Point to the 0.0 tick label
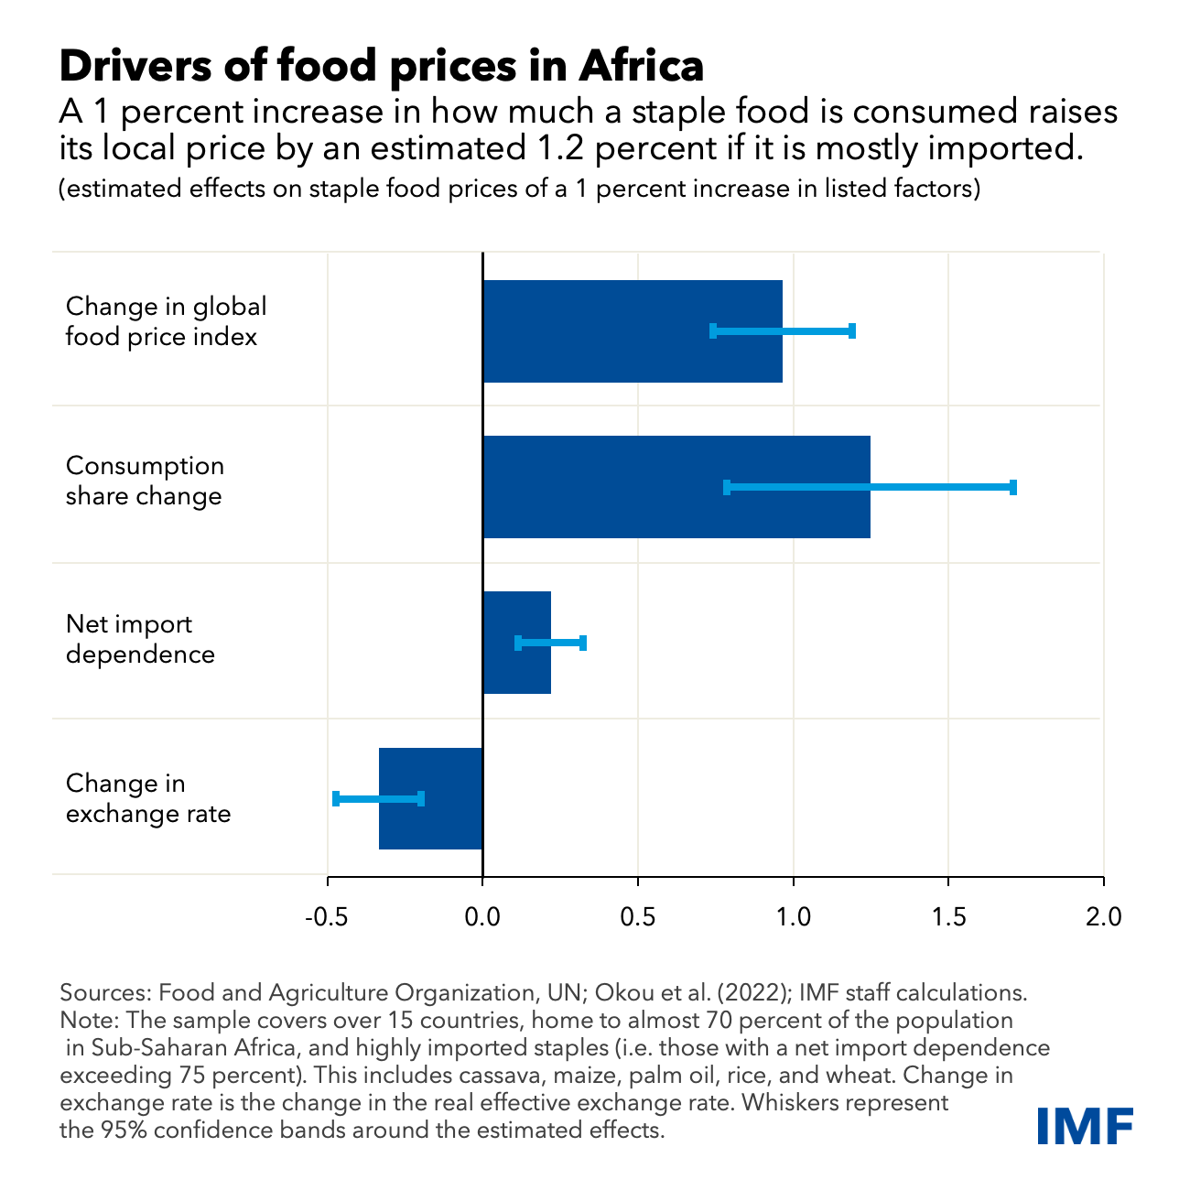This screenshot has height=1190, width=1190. pyautogui.click(x=482, y=916)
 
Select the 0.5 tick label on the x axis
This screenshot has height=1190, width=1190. pyautogui.click(x=638, y=916)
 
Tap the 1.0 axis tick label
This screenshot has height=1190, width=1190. pyautogui.click(x=793, y=916)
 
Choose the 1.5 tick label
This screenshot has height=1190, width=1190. pyautogui.click(x=948, y=916)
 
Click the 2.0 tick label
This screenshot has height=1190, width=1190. pyautogui.click(x=1103, y=916)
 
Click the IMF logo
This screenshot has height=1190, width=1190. pyautogui.click(x=1085, y=1125)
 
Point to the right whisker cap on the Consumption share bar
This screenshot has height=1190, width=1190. pyautogui.click(x=1013, y=487)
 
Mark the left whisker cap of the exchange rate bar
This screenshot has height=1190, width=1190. pyautogui.click(x=336, y=798)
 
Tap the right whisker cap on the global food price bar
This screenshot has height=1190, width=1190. pyautogui.click(x=852, y=330)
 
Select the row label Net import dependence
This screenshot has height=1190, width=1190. pyautogui.click(x=140, y=639)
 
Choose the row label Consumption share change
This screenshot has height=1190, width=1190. pyautogui.click(x=145, y=481)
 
